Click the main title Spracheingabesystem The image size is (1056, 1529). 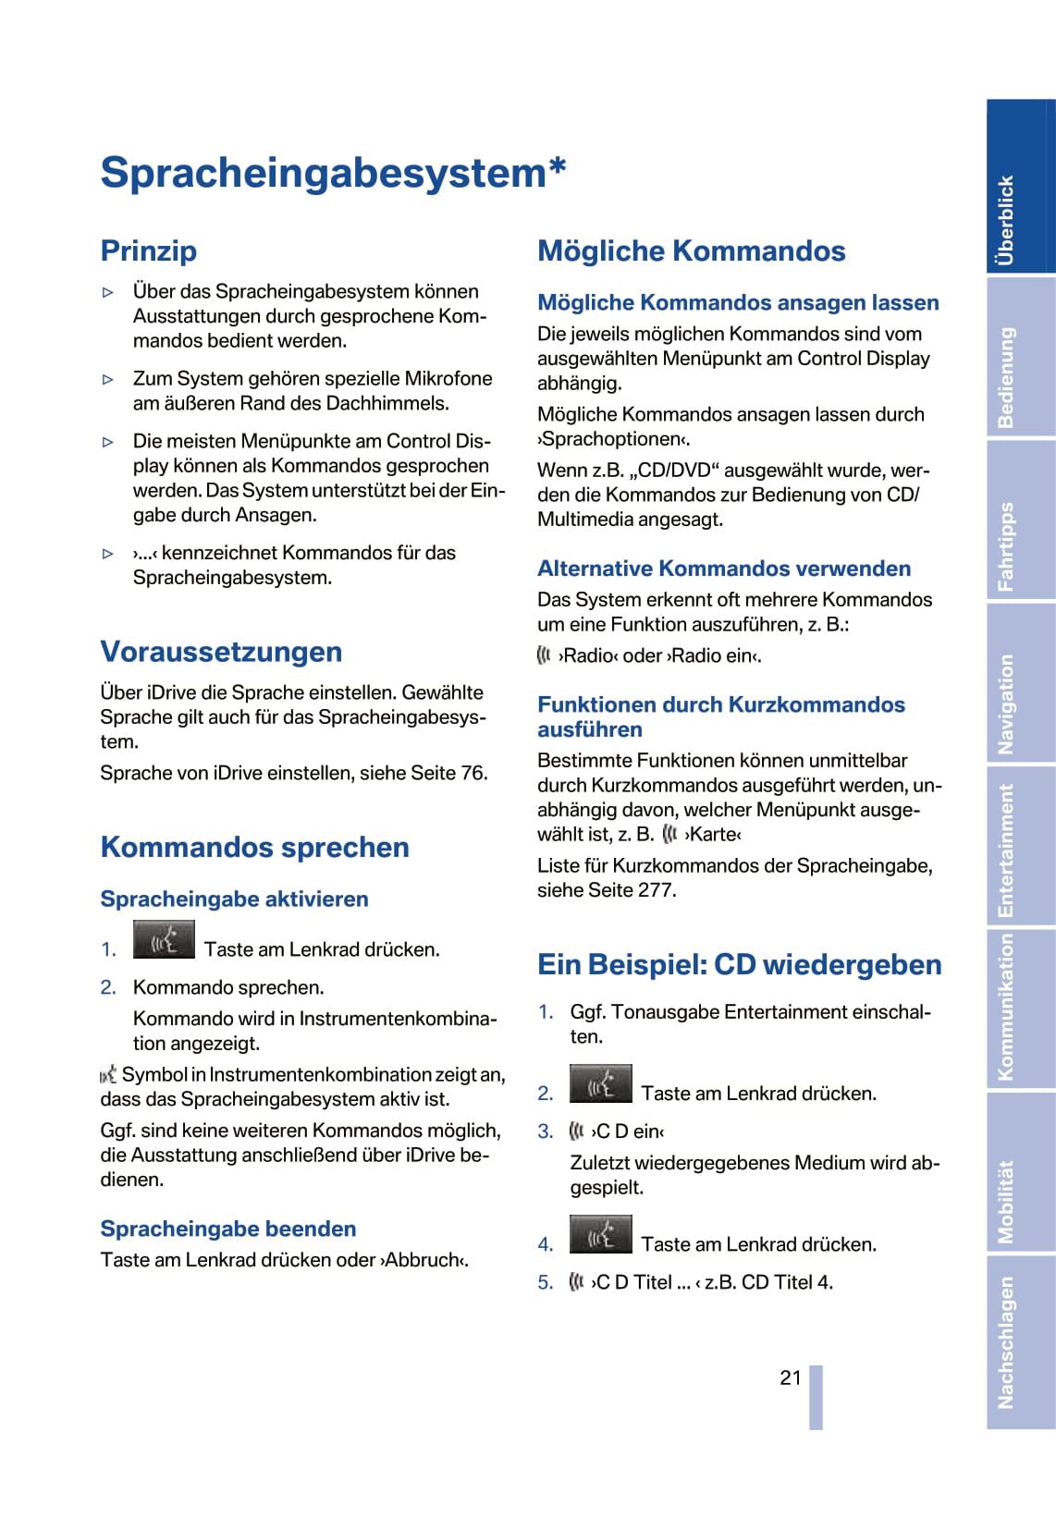tap(332, 173)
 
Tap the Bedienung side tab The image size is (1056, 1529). tap(1020, 358)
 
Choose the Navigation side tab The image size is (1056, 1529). tap(1020, 684)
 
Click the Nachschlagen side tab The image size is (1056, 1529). tap(1020, 1341)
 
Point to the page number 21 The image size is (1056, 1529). tap(790, 1377)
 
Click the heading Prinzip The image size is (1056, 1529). tap(149, 251)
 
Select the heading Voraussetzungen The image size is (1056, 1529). tap(221, 652)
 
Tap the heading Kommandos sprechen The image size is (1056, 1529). tap(254, 847)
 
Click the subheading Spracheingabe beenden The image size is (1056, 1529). tap(228, 1229)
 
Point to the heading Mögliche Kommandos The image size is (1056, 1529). tap(691, 251)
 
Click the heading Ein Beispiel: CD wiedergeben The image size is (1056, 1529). tap(739, 964)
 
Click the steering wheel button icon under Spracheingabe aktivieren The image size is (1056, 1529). tap(164, 940)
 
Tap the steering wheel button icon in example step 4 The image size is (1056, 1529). tap(600, 1235)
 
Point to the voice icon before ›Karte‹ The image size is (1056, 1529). tap(670, 834)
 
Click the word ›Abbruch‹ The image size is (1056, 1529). tap(425, 1260)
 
